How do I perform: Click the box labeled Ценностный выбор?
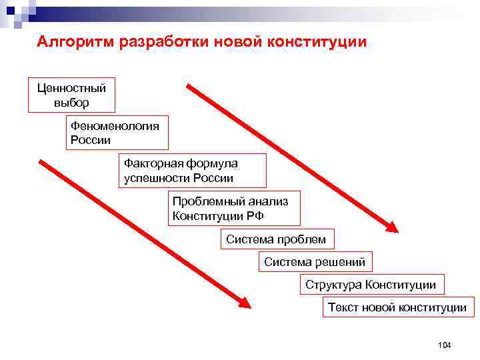click(x=71, y=94)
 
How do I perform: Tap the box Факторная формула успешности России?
click(x=192, y=171)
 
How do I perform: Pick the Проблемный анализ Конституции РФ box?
click(x=234, y=208)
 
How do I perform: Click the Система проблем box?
click(x=276, y=239)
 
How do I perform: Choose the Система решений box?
click(x=315, y=262)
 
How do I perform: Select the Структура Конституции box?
click(x=371, y=285)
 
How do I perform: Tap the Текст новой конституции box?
click(x=397, y=307)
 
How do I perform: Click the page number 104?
click(x=445, y=345)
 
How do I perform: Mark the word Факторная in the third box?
click(x=147, y=163)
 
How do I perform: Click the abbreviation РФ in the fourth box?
click(x=256, y=215)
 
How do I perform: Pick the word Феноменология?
click(x=115, y=126)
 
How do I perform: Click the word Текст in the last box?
click(x=343, y=307)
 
